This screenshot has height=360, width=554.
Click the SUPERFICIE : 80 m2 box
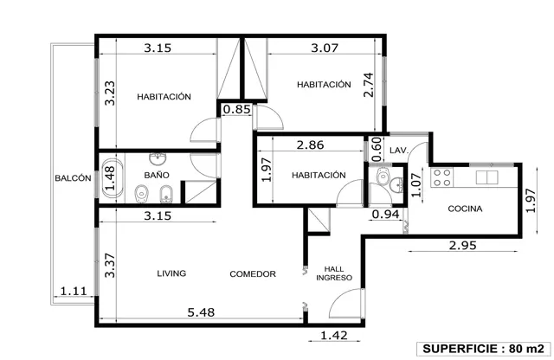483,349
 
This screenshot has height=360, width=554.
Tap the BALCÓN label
73,178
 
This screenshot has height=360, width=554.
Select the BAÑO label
157,175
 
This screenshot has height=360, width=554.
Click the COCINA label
465,209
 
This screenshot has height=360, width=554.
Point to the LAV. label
399,151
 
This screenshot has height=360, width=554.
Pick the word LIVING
171,273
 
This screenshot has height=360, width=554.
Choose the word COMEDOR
253,274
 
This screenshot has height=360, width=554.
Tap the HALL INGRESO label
334,273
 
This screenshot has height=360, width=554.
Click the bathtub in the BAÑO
113,177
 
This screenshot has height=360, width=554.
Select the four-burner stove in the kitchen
442,177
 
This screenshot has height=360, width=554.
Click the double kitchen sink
486,177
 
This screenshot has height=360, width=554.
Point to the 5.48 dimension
201,312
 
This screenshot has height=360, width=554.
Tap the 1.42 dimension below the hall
334,335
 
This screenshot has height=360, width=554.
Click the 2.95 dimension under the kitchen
462,245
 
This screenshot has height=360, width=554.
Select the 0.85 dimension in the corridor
236,109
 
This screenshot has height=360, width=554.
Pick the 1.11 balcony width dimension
74,291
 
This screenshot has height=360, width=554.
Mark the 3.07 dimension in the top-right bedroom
325,48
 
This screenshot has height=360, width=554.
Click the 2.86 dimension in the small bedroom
310,145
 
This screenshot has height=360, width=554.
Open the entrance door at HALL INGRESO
346,304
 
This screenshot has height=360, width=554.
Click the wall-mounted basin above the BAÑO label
158,159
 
